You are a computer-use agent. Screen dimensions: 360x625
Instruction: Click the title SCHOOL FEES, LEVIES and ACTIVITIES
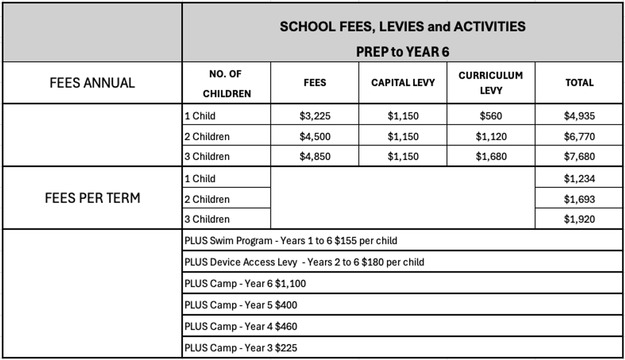[403, 27]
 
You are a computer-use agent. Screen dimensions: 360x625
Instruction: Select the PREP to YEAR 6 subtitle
[403, 52]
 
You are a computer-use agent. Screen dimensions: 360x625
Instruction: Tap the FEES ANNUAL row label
[92, 83]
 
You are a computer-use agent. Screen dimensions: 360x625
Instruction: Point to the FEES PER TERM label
[94, 198]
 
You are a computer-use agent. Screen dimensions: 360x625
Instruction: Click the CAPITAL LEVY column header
[403, 83]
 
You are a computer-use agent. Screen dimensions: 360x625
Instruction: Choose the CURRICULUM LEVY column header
[491, 83]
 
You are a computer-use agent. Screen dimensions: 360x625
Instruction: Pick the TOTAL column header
[579, 83]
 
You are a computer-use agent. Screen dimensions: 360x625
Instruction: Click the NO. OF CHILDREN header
[227, 84]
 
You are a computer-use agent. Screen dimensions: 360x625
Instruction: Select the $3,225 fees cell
[315, 116]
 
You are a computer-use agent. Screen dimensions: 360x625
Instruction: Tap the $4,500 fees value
[315, 136]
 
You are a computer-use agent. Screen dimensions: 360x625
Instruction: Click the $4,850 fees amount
[315, 156]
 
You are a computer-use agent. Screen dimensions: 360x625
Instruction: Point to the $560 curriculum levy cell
[491, 116]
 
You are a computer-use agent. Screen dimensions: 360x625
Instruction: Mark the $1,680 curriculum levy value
[491, 156]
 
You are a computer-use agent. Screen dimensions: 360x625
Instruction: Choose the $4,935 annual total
[579, 116]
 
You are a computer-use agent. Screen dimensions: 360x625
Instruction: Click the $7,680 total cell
[579, 156]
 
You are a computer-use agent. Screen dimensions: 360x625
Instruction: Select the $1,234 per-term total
[579, 179]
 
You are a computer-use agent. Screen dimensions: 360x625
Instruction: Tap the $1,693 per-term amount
[579, 199]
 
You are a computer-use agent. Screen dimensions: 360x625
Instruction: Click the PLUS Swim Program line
[291, 241]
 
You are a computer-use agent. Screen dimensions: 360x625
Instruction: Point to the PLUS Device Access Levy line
[304, 262]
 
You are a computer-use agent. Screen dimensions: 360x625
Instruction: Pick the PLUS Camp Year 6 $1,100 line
[245, 284]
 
